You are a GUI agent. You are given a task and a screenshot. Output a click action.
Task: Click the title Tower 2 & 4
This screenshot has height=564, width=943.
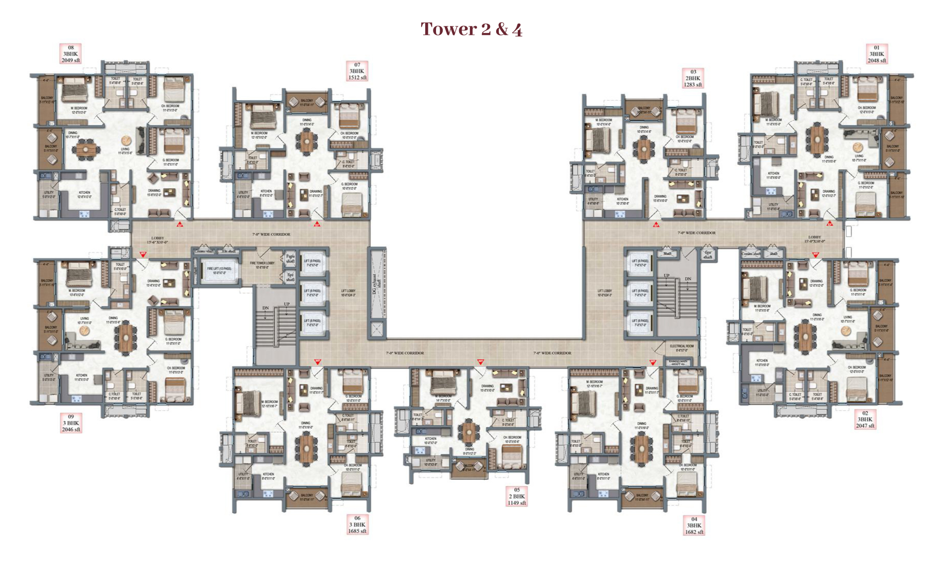[471, 29]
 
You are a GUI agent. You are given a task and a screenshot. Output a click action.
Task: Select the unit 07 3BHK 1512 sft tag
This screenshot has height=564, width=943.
[357, 71]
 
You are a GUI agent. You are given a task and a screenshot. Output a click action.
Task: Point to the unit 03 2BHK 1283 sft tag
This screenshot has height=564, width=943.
[693, 78]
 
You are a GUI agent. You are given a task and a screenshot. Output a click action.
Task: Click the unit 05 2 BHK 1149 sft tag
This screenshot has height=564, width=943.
[517, 497]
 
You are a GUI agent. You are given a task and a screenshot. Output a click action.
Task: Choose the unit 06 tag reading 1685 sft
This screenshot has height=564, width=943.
[357, 525]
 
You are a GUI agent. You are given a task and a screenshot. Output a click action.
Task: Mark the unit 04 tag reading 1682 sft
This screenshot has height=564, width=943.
[694, 525]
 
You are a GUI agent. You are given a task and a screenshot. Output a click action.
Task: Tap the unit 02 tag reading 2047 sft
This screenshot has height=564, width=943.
[865, 420]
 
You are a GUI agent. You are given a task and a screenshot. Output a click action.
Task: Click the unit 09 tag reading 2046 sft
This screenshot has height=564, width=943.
[71, 423]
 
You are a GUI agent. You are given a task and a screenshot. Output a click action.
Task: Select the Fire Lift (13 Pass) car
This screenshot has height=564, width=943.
[219, 270]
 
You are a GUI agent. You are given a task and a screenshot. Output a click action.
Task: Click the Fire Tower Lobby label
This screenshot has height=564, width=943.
[262, 265]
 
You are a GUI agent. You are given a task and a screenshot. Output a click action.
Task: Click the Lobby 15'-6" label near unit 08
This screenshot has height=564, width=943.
[157, 240]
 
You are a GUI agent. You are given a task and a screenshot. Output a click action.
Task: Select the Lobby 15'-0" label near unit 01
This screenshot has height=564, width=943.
[814, 239]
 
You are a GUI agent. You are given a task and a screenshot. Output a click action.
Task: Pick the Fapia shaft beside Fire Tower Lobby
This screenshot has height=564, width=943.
[290, 258]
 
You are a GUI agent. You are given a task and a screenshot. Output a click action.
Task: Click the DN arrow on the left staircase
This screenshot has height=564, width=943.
[265, 308]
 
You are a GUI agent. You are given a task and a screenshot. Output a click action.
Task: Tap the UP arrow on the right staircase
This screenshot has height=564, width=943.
[667, 276]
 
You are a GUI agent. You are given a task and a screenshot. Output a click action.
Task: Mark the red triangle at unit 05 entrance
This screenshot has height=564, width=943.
[480, 362]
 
